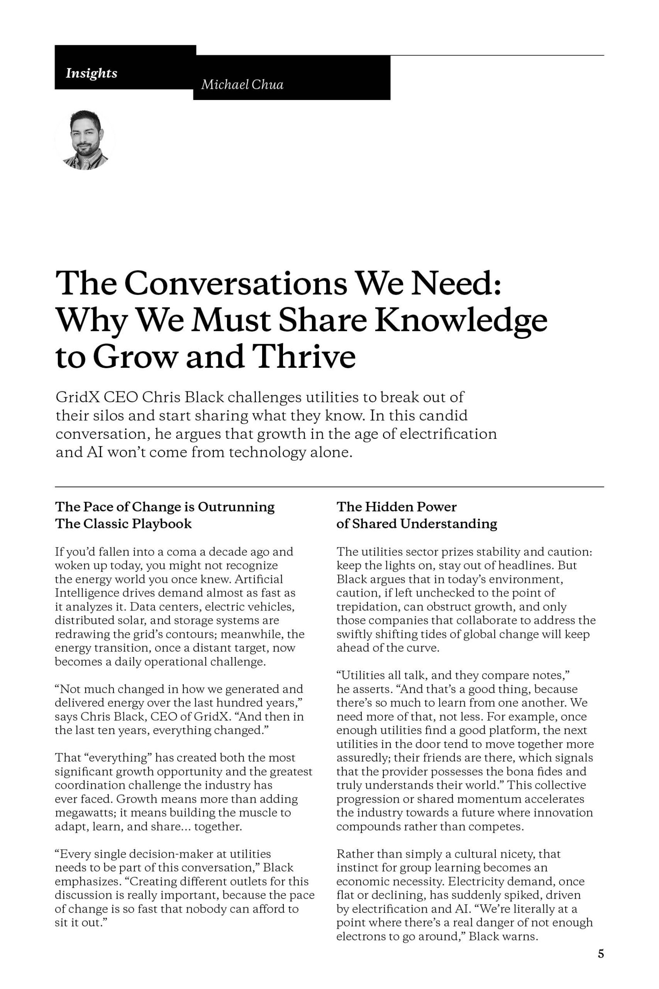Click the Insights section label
point(91,73)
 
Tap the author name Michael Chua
point(242,85)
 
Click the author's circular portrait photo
point(85,139)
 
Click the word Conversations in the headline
point(235,284)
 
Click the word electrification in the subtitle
point(448,433)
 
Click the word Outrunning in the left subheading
point(236,507)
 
